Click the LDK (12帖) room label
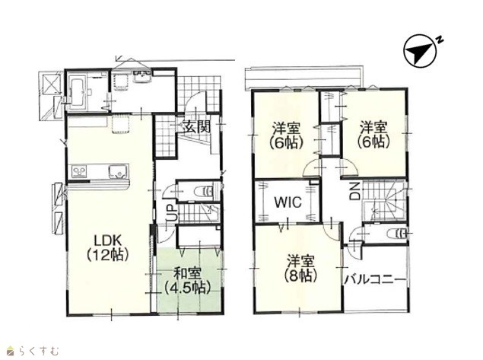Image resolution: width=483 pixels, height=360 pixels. coord(108,248)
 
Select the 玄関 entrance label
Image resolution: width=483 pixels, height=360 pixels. coord(197,126)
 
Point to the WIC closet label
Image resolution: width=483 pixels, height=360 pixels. coord(288,202)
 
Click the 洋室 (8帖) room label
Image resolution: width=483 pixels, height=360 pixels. coord(301,269)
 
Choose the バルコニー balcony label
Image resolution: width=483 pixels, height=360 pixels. coord(375,280)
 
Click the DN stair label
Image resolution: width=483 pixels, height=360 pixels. coord(356,191)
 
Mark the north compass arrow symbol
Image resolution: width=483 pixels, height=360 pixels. coord(420,50)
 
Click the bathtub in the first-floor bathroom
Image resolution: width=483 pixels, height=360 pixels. coord(77,92)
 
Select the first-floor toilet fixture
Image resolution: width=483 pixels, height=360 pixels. coord(204,192)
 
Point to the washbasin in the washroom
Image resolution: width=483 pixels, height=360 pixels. coord(142,77)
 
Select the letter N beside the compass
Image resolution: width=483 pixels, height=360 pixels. coord(440,39)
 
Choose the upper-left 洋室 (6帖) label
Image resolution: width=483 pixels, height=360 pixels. coord(287,135)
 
